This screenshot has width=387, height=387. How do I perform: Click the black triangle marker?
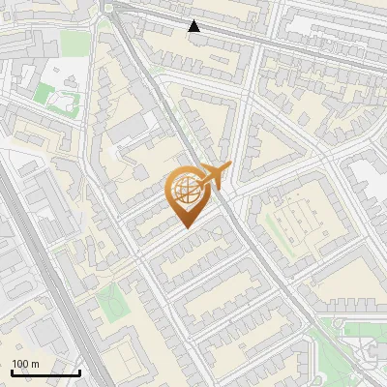click(x=194, y=26)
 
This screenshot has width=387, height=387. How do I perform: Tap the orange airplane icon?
click(x=213, y=175)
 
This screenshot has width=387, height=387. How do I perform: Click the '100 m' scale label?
click(x=25, y=363)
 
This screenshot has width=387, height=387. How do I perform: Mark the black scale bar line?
click(x=45, y=372)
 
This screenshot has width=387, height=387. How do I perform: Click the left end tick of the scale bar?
click(x=12, y=371)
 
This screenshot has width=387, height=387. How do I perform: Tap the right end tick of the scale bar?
click(x=79, y=371)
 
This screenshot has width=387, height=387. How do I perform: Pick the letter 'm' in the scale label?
click(x=35, y=363)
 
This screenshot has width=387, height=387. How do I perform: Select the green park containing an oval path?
click(x=112, y=307)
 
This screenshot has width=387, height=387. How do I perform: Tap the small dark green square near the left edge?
click(x=44, y=94)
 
